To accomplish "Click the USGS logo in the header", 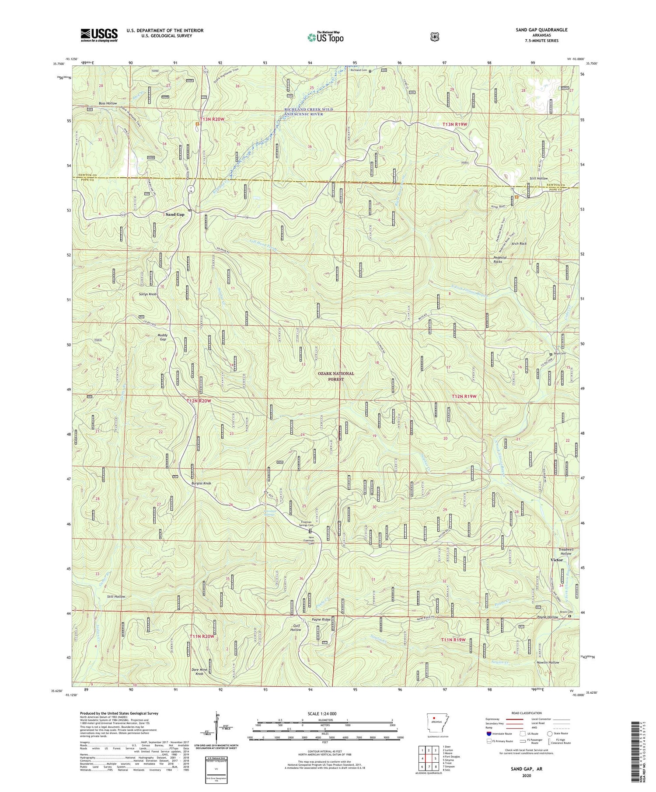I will (99, 35).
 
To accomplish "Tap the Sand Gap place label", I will (175, 214).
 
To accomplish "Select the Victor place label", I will (557, 560).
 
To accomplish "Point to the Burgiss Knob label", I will (201, 483).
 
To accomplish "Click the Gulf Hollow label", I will (296, 627).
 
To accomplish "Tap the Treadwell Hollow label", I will (565, 551).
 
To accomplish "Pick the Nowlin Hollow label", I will (548, 662).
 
